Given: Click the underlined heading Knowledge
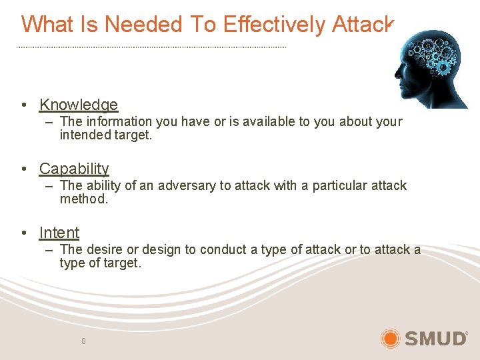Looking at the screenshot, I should tap(78, 105).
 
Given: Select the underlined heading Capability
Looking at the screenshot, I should tap(74, 169).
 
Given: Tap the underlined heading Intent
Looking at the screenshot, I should tap(59, 233).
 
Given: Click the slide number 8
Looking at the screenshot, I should tap(83, 341).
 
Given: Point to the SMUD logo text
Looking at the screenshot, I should tap(436, 338).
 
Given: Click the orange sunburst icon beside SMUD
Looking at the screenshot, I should tap(390, 338).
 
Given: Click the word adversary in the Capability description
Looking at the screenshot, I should tap(185, 185).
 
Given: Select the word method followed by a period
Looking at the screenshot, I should tap(83, 199).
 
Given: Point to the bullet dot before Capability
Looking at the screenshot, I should tap(24, 169).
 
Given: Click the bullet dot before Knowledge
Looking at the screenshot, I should tap(24, 105).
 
